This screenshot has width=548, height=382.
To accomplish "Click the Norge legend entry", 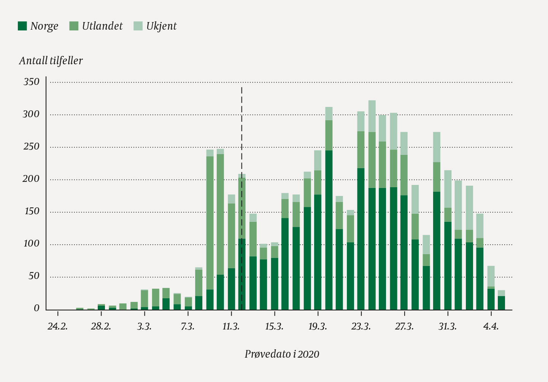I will tap(38, 26).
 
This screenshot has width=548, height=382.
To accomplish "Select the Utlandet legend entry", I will tap(96, 26).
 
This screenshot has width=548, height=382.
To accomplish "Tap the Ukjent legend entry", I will tap(155, 26).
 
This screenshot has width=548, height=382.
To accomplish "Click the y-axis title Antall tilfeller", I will tap(51, 61).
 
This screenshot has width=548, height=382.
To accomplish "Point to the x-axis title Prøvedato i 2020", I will tap(282, 354).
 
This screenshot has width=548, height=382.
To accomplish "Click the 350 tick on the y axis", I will tap(31, 82).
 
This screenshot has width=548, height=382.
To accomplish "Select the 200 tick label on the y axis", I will tap(31, 179).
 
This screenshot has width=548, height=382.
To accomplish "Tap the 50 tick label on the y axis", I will tap(33, 276).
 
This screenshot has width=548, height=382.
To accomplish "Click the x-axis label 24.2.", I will tap(58, 327).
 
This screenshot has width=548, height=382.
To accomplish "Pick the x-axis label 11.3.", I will tap(231, 327).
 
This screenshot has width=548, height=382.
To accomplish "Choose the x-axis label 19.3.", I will tap(318, 327).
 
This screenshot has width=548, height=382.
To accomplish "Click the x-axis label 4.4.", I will tap(491, 327).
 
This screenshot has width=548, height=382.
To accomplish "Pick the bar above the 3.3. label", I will tap(145, 301).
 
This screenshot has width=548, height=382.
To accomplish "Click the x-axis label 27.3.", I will tap(404, 327).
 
